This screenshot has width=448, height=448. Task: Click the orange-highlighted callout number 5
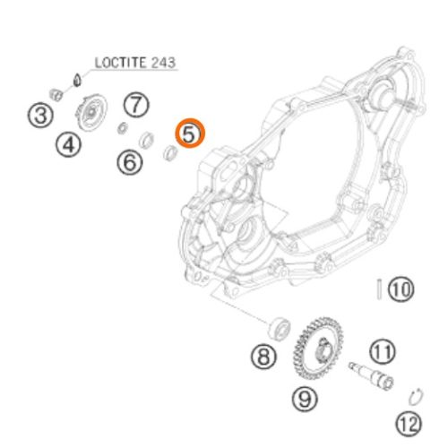(190, 134)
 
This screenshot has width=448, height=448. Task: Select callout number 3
(40, 116)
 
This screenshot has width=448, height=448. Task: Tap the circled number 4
(68, 145)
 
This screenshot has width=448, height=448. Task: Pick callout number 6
(130, 162)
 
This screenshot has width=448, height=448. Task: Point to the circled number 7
(136, 105)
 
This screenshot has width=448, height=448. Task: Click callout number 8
(263, 357)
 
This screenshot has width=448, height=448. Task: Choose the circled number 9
(305, 399)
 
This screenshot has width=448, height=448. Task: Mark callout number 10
(401, 289)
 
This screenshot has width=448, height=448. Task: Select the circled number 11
(383, 351)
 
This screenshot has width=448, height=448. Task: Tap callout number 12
(409, 424)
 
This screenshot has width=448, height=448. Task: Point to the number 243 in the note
(163, 63)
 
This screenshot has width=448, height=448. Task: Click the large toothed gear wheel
(318, 348)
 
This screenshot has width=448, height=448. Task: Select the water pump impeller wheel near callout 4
(91, 112)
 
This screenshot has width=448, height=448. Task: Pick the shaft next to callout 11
(371, 375)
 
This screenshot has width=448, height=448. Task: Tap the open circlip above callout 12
(416, 397)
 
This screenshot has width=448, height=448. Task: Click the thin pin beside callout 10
(379, 289)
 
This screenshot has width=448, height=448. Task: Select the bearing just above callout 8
(279, 328)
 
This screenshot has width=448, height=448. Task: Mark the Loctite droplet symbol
(77, 80)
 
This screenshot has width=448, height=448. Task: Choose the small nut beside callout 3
(56, 95)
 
